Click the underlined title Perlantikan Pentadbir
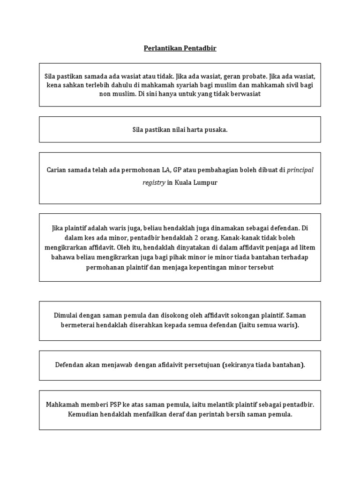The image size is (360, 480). click(180, 48)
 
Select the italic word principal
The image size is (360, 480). click(300, 170)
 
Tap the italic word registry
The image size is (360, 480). click(154, 183)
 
